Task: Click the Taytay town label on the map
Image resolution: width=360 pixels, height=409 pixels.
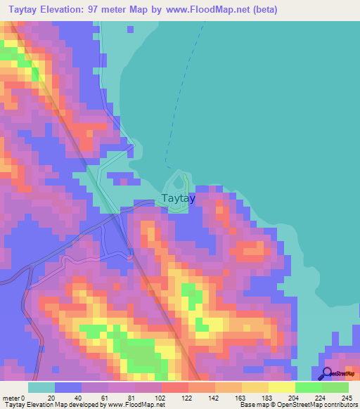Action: point(179,198)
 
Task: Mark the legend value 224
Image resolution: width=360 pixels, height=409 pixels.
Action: point(321,397)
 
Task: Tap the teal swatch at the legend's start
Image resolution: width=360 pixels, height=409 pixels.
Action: point(41,387)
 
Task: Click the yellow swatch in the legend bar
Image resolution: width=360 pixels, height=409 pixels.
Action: point(281,387)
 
